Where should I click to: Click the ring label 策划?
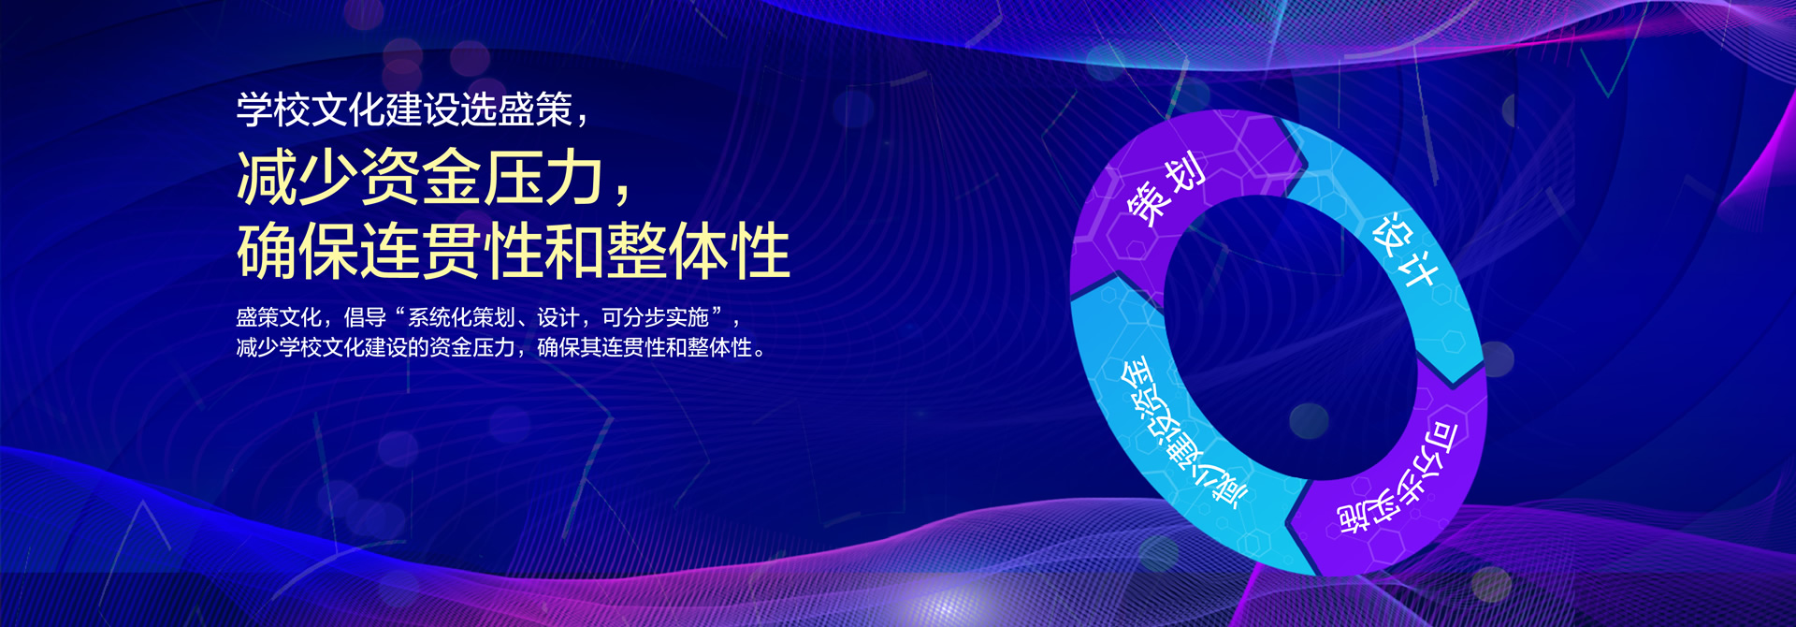click(1166, 190)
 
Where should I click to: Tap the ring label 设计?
click(1403, 251)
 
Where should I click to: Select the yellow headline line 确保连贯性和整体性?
click(514, 250)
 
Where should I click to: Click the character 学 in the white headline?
click(254, 110)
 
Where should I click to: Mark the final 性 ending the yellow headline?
click(760, 250)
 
